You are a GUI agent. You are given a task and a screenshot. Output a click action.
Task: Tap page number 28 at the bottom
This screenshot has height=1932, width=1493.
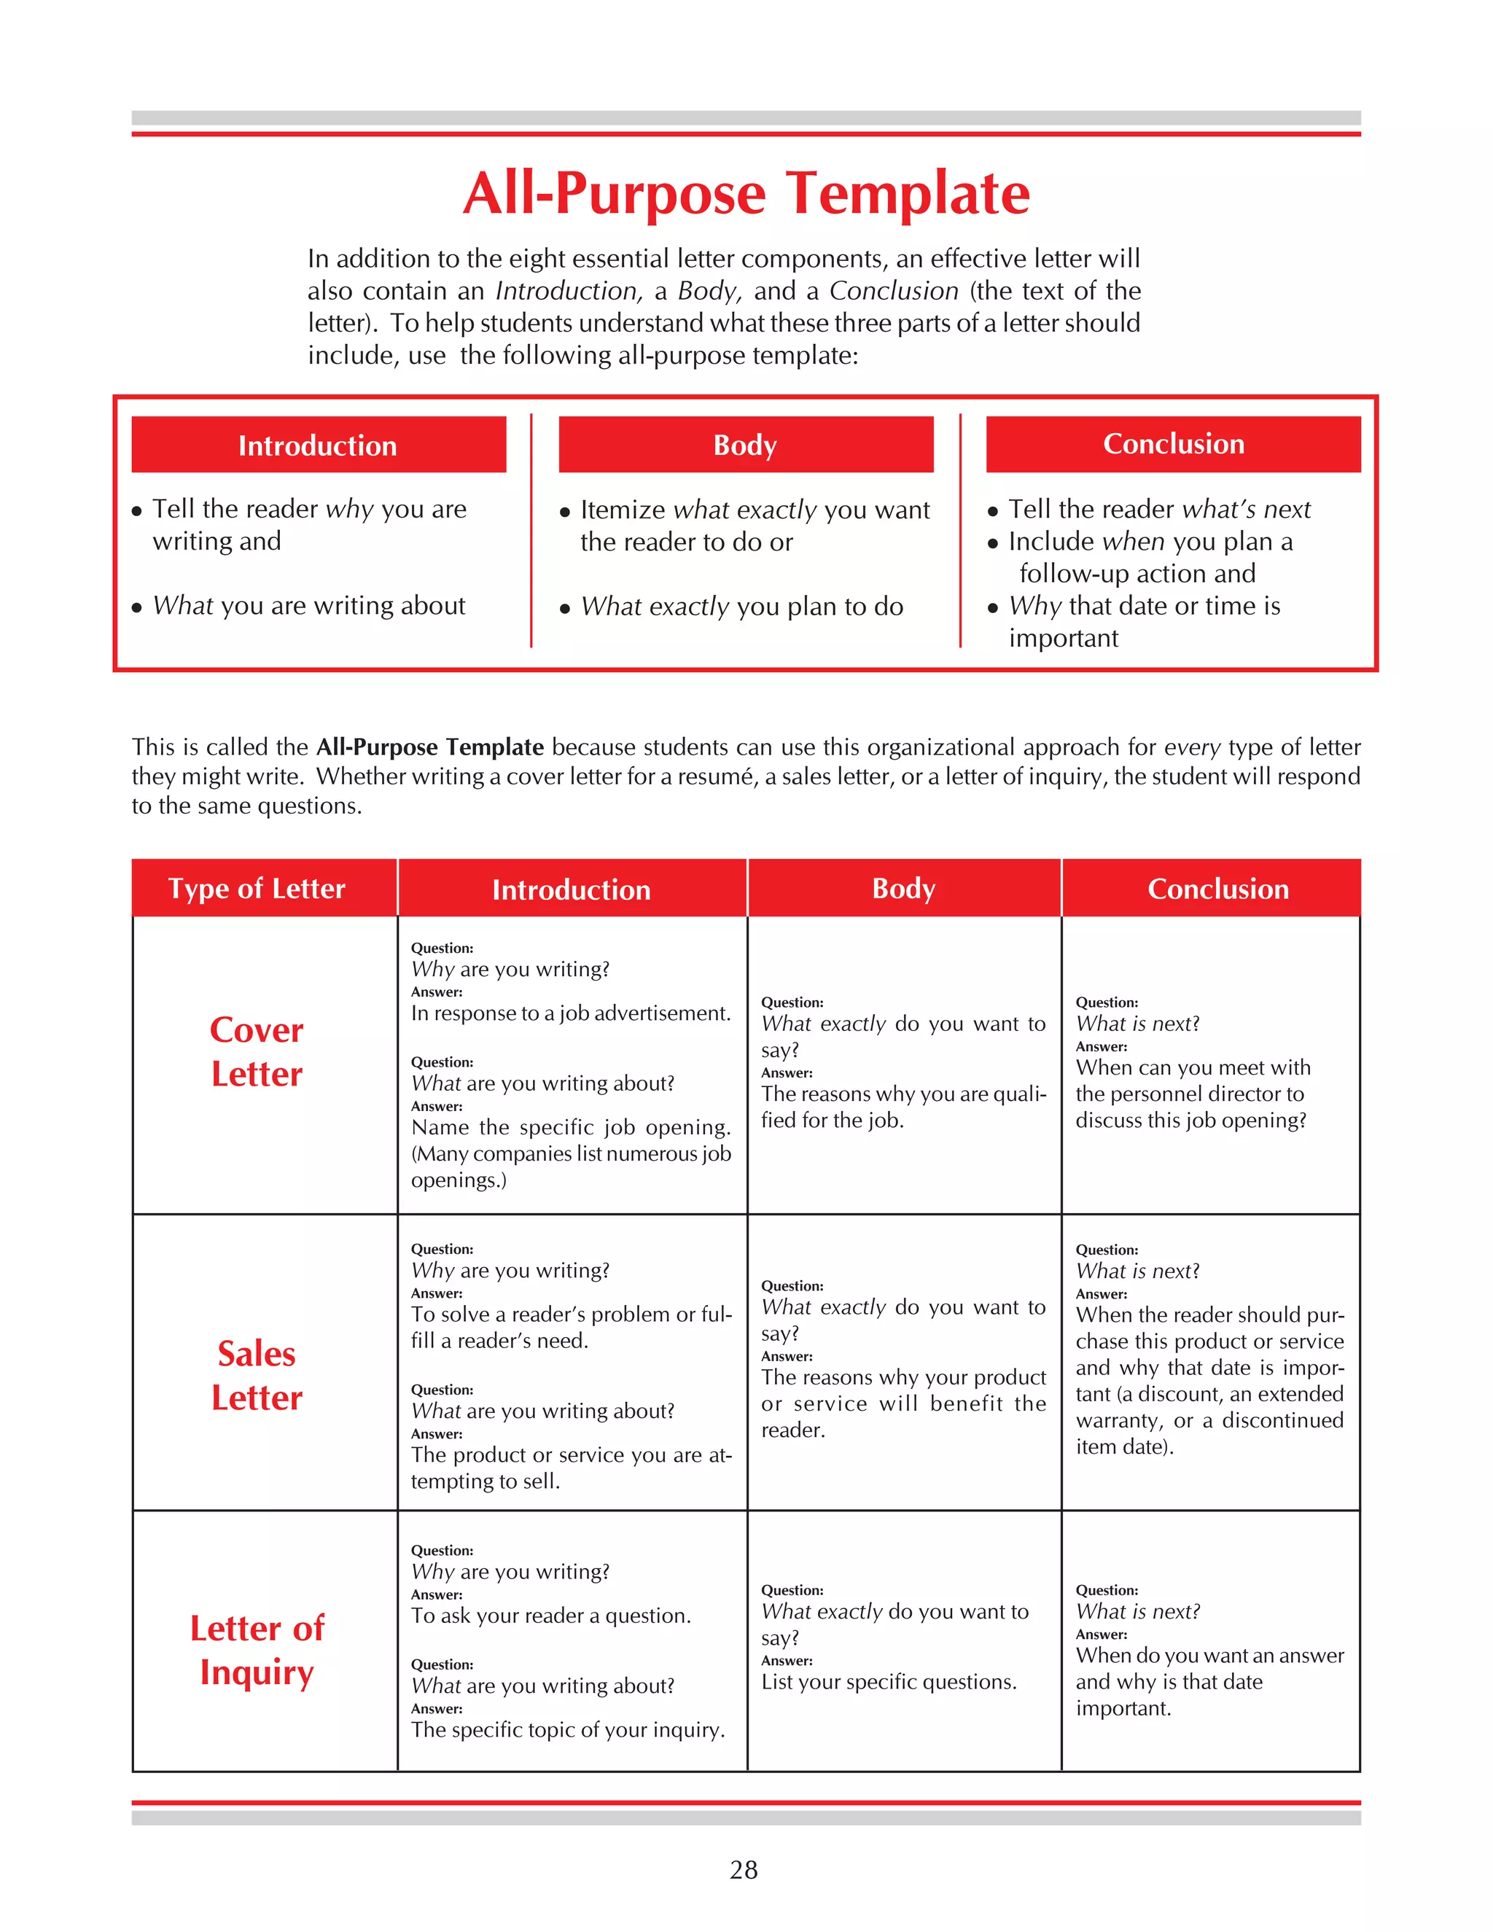coord(744,1869)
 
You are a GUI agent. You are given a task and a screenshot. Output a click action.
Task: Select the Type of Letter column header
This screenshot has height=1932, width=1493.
coord(257,888)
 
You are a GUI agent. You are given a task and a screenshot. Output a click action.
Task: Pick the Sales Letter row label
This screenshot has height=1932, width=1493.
coord(257,1376)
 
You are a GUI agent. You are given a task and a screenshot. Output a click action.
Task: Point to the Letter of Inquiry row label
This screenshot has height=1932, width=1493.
coord(257,1650)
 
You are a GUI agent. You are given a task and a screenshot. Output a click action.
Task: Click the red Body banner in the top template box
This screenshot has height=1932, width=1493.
coord(746,444)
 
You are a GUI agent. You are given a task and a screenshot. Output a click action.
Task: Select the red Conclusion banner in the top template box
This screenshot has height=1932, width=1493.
coord(1173,444)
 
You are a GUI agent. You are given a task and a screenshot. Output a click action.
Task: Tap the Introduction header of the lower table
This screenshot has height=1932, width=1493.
coord(572,889)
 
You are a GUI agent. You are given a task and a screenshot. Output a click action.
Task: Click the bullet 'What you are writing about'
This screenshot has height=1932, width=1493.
coord(308,605)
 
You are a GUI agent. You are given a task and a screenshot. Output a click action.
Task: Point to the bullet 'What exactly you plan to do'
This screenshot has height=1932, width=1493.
coord(741,606)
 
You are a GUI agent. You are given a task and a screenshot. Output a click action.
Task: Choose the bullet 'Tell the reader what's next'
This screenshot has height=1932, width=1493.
coord(1158,509)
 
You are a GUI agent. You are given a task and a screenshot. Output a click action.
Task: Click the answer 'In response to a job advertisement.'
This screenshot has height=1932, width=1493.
coord(571,1013)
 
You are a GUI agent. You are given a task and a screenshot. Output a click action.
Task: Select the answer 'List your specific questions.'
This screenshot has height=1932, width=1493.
coord(888,1682)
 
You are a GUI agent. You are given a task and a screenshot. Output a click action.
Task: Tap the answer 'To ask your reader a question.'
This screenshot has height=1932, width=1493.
coord(550,1616)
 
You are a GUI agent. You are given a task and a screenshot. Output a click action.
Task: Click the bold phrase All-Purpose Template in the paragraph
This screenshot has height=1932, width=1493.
coord(430,747)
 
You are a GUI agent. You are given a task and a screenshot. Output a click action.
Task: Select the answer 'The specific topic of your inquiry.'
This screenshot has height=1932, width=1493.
coord(567,1729)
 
